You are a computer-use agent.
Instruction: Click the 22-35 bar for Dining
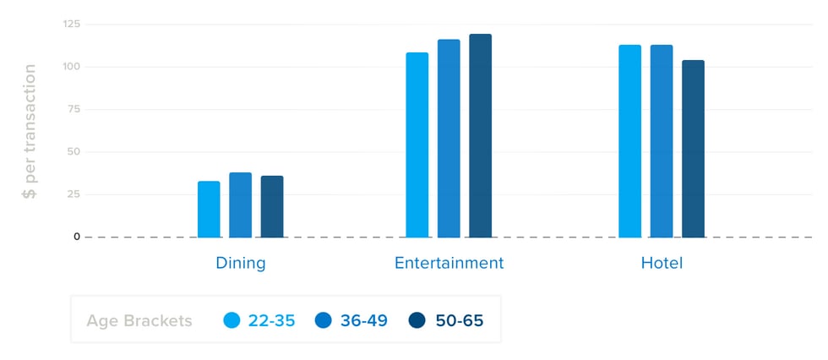point(209,210)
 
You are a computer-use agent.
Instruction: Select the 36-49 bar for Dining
point(240,205)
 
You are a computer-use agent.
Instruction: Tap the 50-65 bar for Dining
point(272,207)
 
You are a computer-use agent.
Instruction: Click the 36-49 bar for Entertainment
point(449,139)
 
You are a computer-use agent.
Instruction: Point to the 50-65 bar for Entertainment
point(480,136)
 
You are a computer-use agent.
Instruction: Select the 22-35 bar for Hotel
point(629,141)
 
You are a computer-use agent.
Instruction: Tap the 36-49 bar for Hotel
point(662,141)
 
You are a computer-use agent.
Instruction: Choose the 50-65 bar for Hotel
point(693,149)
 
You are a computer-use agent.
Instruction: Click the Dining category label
point(241,263)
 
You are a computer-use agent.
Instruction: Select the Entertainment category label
point(449,263)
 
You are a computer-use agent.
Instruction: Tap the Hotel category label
point(662,263)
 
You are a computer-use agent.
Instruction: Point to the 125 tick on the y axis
point(71,24)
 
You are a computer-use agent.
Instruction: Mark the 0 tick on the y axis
point(77,237)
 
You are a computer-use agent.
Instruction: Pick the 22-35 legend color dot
point(232,320)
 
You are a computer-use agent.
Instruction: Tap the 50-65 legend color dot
point(417,320)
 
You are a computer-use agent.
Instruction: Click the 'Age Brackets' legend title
point(139,320)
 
